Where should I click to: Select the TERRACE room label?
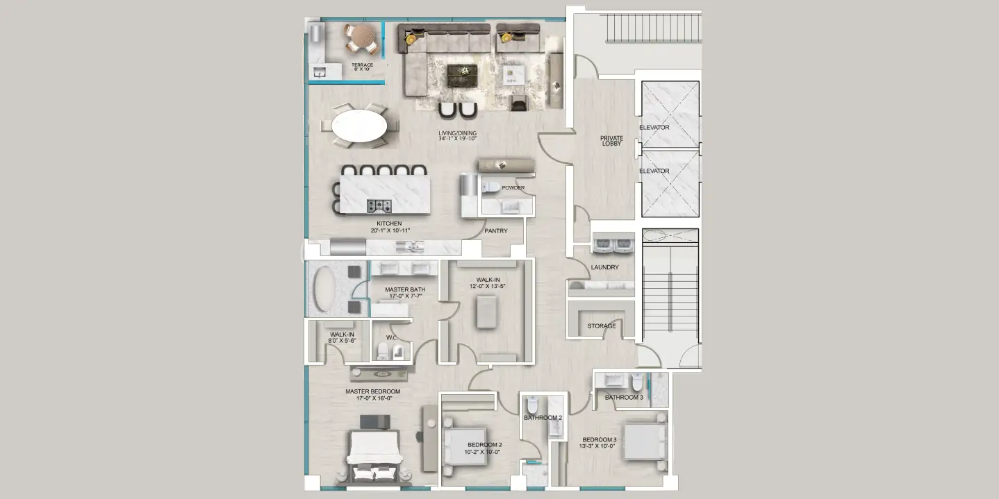click(362, 65)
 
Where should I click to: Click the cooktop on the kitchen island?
click(379, 205)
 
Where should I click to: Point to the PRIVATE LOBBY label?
click(612, 141)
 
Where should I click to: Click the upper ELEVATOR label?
click(654, 128)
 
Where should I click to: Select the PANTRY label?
click(496, 231)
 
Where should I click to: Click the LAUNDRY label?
click(604, 267)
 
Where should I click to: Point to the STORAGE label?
click(602, 326)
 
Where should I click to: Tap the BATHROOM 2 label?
click(543, 418)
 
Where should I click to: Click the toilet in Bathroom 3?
click(636, 382)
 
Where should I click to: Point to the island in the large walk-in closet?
click(486, 311)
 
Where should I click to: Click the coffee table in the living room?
click(462, 71)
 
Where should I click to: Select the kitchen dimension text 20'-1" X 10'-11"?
click(390, 230)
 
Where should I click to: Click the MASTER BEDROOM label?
click(373, 391)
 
